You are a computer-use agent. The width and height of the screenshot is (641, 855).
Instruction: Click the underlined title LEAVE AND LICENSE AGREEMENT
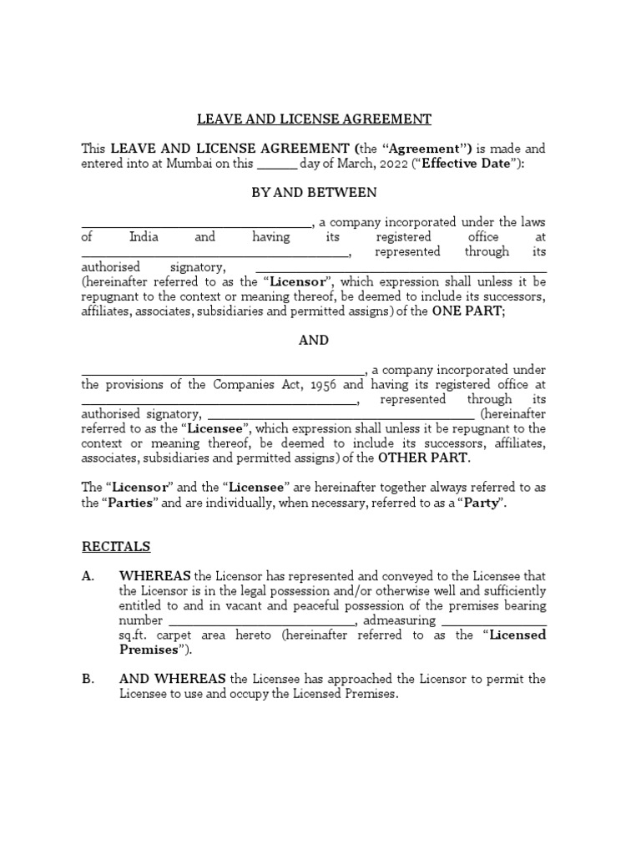314,119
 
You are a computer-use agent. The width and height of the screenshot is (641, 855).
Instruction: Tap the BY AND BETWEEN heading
314,192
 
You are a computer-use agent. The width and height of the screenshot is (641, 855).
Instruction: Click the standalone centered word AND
314,340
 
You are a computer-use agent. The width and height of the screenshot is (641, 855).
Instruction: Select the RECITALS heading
116,547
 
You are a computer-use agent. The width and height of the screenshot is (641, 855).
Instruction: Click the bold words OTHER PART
423,458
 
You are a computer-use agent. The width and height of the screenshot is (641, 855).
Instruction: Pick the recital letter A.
88,576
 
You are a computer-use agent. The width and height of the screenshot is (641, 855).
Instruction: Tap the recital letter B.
88,679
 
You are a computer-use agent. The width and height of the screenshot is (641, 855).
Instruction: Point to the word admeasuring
399,620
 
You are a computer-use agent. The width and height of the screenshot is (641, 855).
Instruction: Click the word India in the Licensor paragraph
144,237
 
